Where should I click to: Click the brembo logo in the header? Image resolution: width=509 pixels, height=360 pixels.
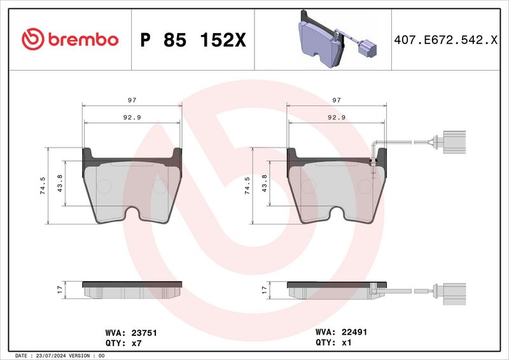(x=69, y=39)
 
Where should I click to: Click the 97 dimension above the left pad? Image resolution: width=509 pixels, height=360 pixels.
(x=132, y=100)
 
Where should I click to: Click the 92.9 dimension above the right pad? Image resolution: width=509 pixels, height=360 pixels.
(x=336, y=118)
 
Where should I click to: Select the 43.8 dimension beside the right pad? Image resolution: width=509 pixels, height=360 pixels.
(x=263, y=184)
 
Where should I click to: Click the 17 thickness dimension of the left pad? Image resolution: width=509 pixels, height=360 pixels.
(x=59, y=290)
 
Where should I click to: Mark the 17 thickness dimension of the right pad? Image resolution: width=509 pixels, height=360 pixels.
(x=263, y=290)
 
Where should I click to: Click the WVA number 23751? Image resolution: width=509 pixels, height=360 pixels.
(x=144, y=333)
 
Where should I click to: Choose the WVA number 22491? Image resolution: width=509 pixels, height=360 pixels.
(x=354, y=332)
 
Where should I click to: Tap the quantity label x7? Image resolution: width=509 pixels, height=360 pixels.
(x=136, y=342)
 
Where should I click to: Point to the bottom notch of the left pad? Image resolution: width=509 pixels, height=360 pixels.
(x=132, y=214)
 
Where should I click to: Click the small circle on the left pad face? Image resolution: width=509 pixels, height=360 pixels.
(x=104, y=186)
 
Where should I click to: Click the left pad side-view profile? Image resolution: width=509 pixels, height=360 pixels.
(x=132, y=289)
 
